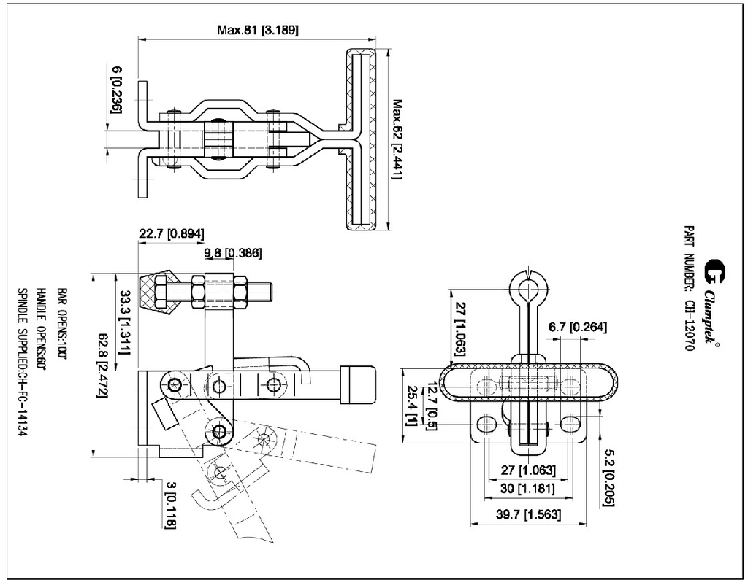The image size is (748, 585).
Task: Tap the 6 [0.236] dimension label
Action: coord(116,89)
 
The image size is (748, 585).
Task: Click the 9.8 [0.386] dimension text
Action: coord(232,253)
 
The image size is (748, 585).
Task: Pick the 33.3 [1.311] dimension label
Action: coord(126,322)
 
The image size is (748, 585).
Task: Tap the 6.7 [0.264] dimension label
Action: coord(577,328)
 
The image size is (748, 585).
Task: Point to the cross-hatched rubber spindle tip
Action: coord(160,295)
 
